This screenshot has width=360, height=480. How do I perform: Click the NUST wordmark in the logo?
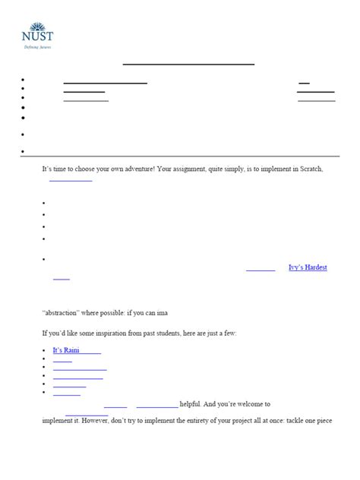point(38,36)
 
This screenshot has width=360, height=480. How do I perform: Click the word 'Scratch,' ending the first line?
point(311,169)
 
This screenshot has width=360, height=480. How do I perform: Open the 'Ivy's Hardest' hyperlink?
point(308,267)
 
